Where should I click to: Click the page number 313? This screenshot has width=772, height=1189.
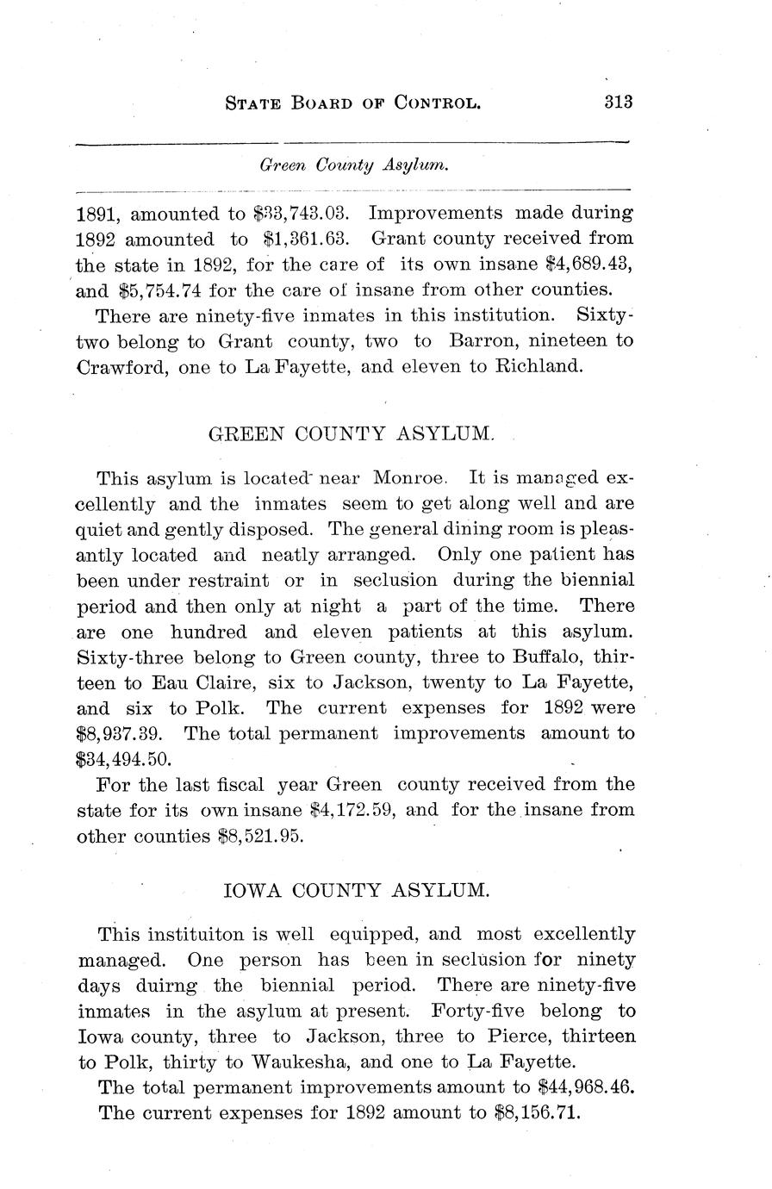click(x=619, y=101)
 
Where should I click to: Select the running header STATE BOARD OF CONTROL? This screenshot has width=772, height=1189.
click(x=352, y=103)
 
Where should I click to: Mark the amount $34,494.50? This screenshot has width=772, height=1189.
click(x=125, y=760)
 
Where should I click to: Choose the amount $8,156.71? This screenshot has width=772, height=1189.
click(x=539, y=1113)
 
